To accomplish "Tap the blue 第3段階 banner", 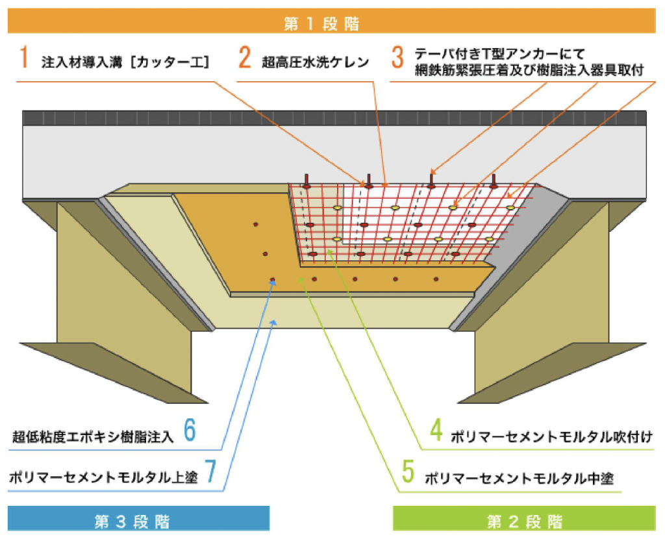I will coord(138,520).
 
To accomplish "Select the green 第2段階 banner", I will coord(524,520).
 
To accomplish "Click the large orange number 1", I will coord(24,58).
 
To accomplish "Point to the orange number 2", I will coord(244,58).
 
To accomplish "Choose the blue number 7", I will coord(210,472).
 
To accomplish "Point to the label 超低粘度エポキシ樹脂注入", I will coord(94,437).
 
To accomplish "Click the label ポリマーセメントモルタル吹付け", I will coord(551,437).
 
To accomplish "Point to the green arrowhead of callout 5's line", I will coord(301,280).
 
